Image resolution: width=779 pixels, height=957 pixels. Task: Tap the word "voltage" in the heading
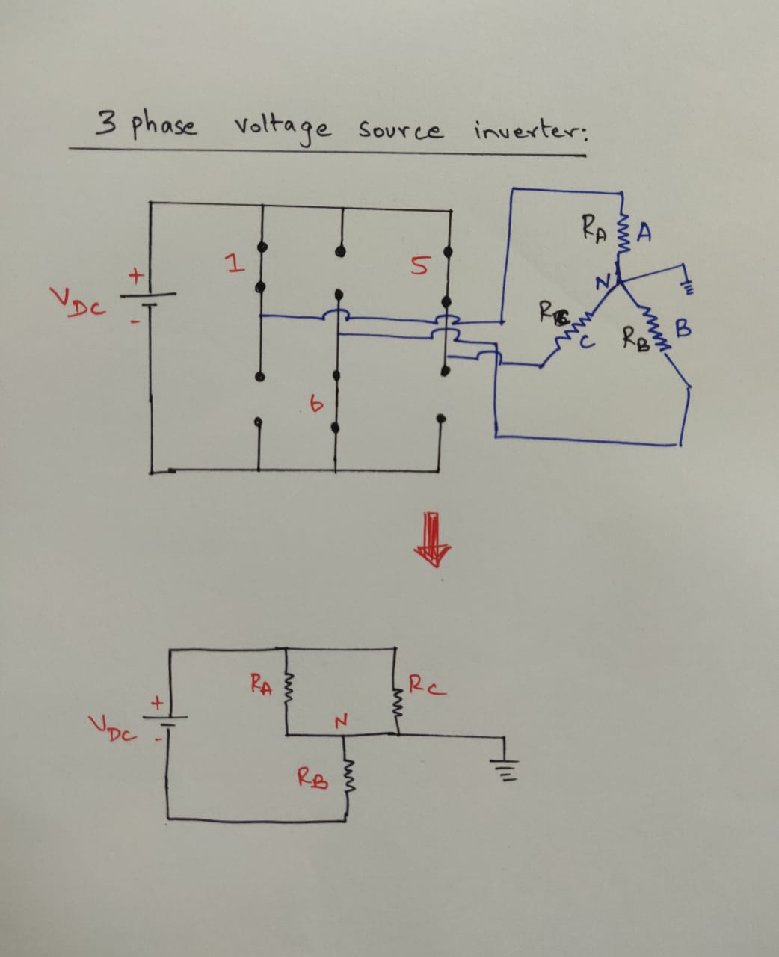tap(282, 129)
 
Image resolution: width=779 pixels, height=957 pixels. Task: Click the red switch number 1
tap(235, 264)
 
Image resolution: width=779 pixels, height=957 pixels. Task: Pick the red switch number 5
tap(421, 265)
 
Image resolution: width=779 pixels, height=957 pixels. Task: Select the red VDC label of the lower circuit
tap(112, 726)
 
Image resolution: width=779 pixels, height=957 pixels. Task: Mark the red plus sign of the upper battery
tap(136, 276)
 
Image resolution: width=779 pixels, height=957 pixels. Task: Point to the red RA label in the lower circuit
tap(261, 683)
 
